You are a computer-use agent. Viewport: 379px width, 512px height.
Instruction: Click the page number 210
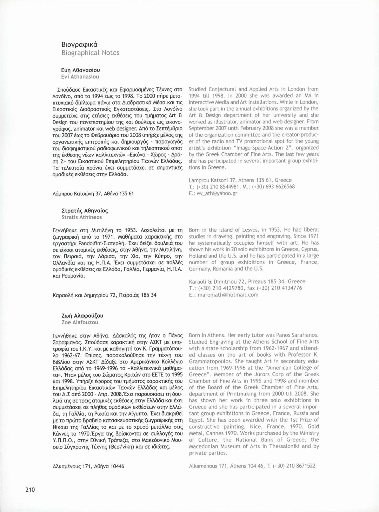pos(30,490)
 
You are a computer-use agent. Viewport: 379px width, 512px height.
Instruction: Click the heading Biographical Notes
pos(90,53)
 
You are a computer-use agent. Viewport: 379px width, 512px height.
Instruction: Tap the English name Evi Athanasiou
pos(80,77)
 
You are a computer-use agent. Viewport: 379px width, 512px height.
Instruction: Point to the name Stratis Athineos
pos(81,217)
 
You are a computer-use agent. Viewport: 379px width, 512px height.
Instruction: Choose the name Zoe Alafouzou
pos(80,322)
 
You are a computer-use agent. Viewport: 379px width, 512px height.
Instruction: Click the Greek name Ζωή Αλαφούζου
pos(82,315)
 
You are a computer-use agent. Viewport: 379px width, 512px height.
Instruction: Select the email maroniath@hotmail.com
pos(228,295)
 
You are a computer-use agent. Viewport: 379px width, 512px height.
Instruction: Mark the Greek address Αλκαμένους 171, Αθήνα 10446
pos(88,466)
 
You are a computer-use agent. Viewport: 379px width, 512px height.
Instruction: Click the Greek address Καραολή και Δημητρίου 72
pos(104,295)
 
